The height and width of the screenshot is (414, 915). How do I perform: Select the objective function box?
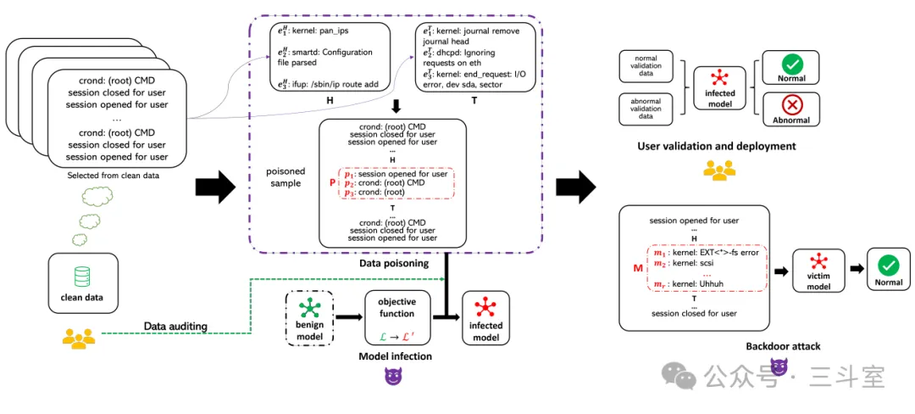tap(397, 317)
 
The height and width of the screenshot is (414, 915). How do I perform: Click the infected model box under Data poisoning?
tap(485, 318)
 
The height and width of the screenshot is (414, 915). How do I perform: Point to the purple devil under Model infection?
tap(394, 378)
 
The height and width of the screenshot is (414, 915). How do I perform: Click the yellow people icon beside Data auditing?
tap(78, 338)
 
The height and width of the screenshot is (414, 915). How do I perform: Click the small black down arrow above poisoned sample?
tap(396, 106)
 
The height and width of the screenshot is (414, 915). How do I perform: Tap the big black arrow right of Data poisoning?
tap(575, 187)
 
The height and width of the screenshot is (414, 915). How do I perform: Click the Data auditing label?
tap(176, 325)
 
